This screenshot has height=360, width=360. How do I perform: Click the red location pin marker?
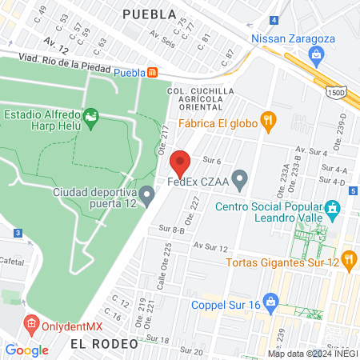tap(180, 163)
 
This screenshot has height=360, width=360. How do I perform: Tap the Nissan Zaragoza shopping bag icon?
tap(316, 54)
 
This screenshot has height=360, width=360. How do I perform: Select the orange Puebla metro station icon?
tap(153, 73)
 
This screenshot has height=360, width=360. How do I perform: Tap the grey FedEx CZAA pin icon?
tap(238, 177)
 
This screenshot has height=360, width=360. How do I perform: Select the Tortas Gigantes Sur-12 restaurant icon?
tap(348, 258)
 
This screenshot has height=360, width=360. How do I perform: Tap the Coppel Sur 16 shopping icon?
tap(271, 303)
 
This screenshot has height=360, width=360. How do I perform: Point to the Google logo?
tap(26, 350)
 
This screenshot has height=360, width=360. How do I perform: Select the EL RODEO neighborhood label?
tap(100, 342)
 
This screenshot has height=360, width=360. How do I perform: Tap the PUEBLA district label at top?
tap(150, 14)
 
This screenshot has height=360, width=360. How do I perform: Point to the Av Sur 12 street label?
tap(211, 247)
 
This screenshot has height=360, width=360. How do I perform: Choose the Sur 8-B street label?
tap(172, 230)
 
